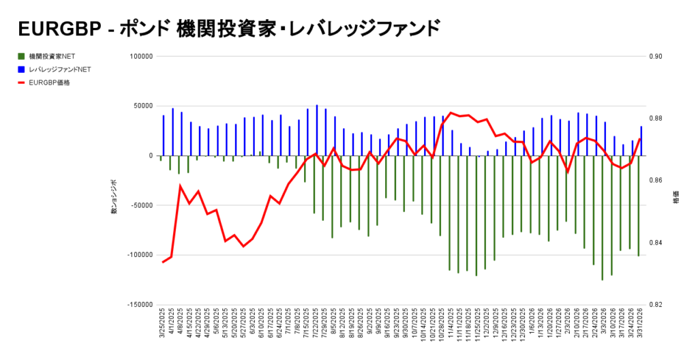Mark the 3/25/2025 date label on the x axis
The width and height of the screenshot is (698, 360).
click(x=162, y=327)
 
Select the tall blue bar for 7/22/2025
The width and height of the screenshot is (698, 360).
click(x=317, y=130)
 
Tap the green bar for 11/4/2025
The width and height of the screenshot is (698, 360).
click(x=449, y=213)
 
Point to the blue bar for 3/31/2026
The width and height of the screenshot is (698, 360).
click(x=641, y=141)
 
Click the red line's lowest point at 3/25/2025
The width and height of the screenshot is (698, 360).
click(x=162, y=262)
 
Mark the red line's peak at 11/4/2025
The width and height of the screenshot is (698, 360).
click(x=451, y=112)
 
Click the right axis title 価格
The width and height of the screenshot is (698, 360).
click(x=676, y=197)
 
